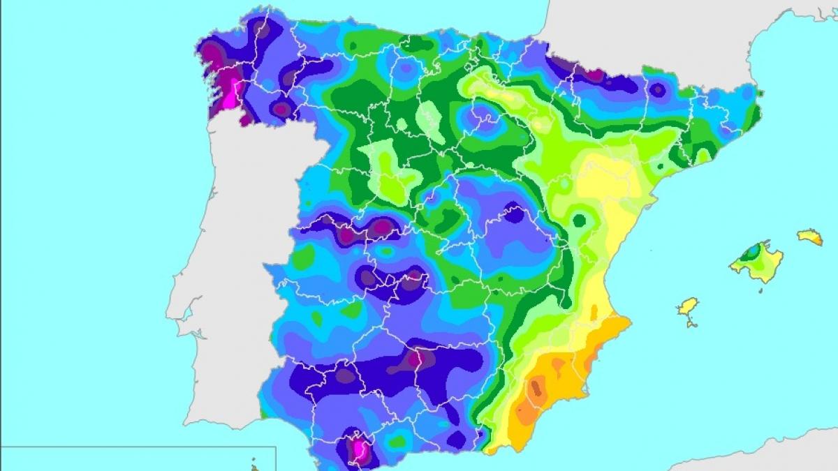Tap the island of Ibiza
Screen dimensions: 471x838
tap(689, 306)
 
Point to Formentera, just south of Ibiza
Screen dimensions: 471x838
tap(692, 322)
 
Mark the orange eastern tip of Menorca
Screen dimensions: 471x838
tap(817, 240)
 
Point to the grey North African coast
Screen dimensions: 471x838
tap(768, 454)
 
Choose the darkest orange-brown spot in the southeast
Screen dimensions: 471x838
tap(537, 387)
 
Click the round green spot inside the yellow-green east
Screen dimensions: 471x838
tap(579, 220)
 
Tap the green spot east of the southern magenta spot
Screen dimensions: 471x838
tap(397, 441)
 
